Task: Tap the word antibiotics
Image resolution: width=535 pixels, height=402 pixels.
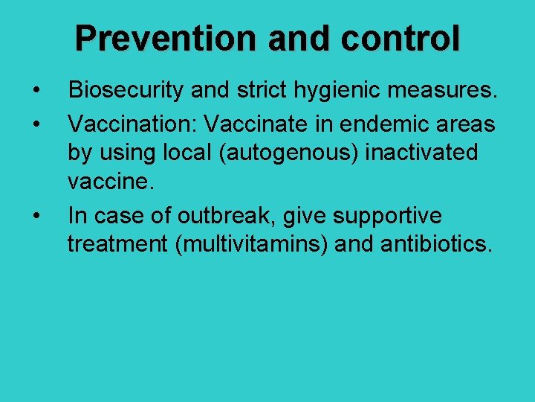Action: pos(437,246)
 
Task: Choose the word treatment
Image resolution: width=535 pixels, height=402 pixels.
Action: pos(117,246)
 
